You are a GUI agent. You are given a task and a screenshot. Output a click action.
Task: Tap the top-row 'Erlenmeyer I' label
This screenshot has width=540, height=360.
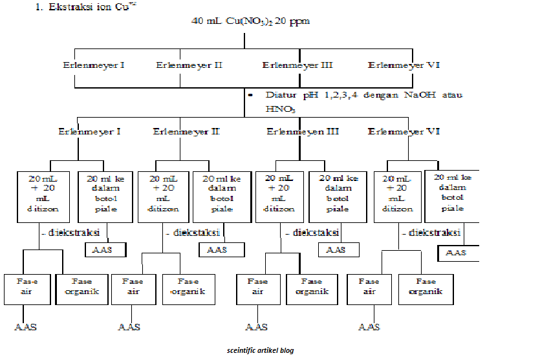tap(94, 65)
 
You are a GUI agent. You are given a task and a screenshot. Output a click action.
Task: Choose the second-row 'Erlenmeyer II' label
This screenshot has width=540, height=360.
tap(186, 131)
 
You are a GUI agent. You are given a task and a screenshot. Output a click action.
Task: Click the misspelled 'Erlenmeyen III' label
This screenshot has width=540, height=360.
tap(303, 131)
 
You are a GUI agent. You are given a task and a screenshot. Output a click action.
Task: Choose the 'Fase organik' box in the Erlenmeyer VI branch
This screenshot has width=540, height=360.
tap(425, 286)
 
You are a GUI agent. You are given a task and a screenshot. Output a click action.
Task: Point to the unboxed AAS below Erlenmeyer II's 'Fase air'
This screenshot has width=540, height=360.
tap(129, 327)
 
